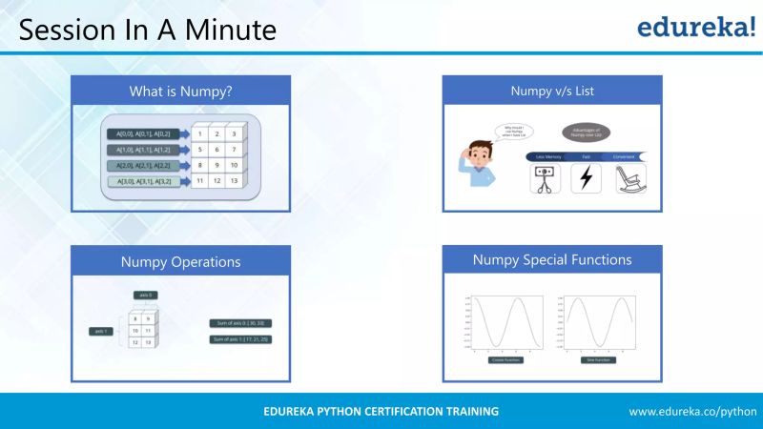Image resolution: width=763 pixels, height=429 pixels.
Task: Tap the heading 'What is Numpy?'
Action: (180, 92)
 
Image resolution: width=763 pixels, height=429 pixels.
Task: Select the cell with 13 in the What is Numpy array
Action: (233, 180)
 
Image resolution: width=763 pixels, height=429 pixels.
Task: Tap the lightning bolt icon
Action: (586, 178)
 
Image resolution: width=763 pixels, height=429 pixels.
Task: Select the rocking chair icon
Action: (629, 178)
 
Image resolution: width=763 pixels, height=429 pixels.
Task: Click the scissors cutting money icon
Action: (543, 178)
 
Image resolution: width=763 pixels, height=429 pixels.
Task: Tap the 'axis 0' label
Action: (144, 296)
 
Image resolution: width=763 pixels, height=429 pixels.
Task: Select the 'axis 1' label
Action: (99, 331)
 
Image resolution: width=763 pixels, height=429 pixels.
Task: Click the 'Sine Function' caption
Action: (598, 360)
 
